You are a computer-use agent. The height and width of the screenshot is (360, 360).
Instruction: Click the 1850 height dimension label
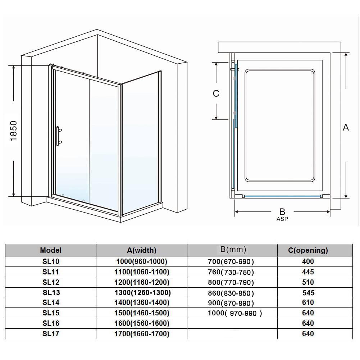[14, 131]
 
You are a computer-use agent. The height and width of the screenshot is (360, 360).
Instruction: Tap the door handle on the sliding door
[58, 136]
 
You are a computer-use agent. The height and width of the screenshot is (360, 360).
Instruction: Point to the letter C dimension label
[216, 94]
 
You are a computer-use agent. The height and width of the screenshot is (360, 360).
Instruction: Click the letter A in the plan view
[346, 127]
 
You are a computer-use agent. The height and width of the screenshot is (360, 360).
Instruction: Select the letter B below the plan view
[282, 212]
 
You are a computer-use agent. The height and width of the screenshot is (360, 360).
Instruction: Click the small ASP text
[282, 219]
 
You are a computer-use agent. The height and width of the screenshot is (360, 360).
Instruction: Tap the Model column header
[51, 250]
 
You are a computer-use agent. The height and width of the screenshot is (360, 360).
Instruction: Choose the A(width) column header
[142, 250]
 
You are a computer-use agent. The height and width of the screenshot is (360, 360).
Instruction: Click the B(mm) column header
[233, 249]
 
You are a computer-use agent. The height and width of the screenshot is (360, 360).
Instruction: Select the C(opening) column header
[308, 250]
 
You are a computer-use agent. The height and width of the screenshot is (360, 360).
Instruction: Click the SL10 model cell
[51, 261]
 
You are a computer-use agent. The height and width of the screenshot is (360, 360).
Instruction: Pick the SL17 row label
[51, 334]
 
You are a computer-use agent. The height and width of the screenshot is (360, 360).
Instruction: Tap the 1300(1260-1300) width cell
[142, 292]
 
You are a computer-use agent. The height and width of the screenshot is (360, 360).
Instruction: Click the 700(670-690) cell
[231, 261]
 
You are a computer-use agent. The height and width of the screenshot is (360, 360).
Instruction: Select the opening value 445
[308, 272]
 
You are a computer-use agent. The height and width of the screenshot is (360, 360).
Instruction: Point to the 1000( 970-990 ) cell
[235, 313]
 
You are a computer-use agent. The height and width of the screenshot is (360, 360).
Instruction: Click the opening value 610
[308, 302]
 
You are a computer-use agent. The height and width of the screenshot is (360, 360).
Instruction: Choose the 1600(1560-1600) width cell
[142, 323]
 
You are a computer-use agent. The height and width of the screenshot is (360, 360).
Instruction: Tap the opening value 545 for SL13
[308, 293]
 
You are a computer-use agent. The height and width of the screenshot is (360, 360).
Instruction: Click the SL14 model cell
[51, 302]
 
